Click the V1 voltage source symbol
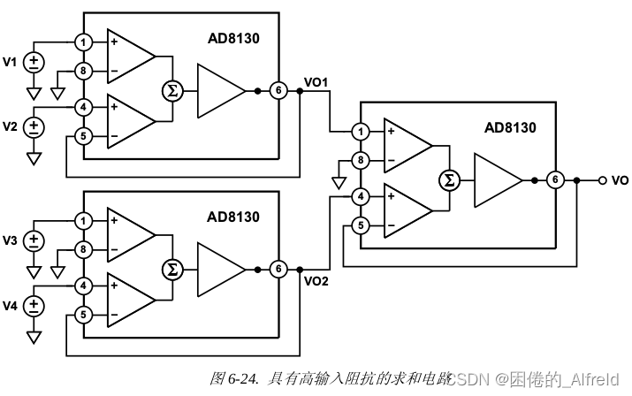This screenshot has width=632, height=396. pos(34,62)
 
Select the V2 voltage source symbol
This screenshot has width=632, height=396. pos(34,126)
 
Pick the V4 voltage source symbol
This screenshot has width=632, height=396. pos(34,306)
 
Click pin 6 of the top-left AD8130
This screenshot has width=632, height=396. pos(278,91)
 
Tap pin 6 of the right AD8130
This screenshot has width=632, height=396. pos(554,180)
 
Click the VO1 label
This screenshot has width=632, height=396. pos(316,82)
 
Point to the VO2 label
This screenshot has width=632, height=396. pos(316,283)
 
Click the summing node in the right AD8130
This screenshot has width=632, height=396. pos(448,180)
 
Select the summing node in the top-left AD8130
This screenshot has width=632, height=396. pos(172,91)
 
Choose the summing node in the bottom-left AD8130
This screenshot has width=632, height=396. pos(172,269)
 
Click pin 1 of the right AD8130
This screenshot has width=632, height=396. pos(360,132)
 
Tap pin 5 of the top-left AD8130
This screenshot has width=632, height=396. pos(83,135)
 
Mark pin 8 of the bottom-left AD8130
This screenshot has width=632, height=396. pos(83,249)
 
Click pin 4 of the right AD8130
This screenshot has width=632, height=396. pos(360,196)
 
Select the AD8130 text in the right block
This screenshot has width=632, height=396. pos(510,127)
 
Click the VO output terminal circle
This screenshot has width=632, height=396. pos(602,180)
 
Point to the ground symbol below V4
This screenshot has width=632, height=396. pos(34,337)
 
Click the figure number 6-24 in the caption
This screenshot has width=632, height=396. pos(242,378)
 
